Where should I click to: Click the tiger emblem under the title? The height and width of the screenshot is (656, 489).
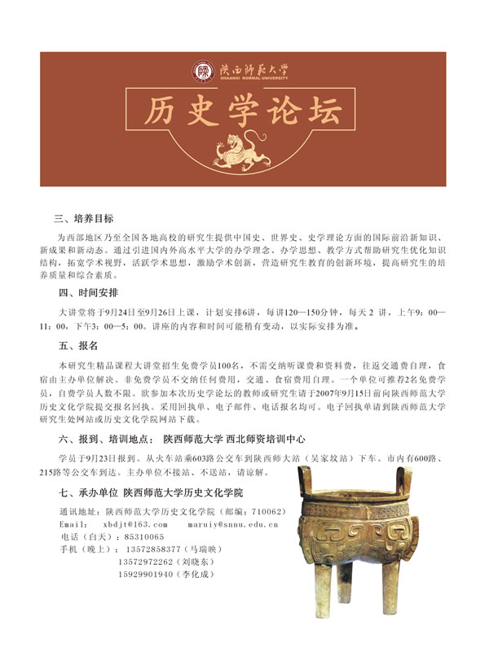coord(244,148)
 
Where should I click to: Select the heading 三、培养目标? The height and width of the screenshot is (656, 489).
coord(84,218)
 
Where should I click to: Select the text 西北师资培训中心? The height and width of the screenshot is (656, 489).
coord(286,439)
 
